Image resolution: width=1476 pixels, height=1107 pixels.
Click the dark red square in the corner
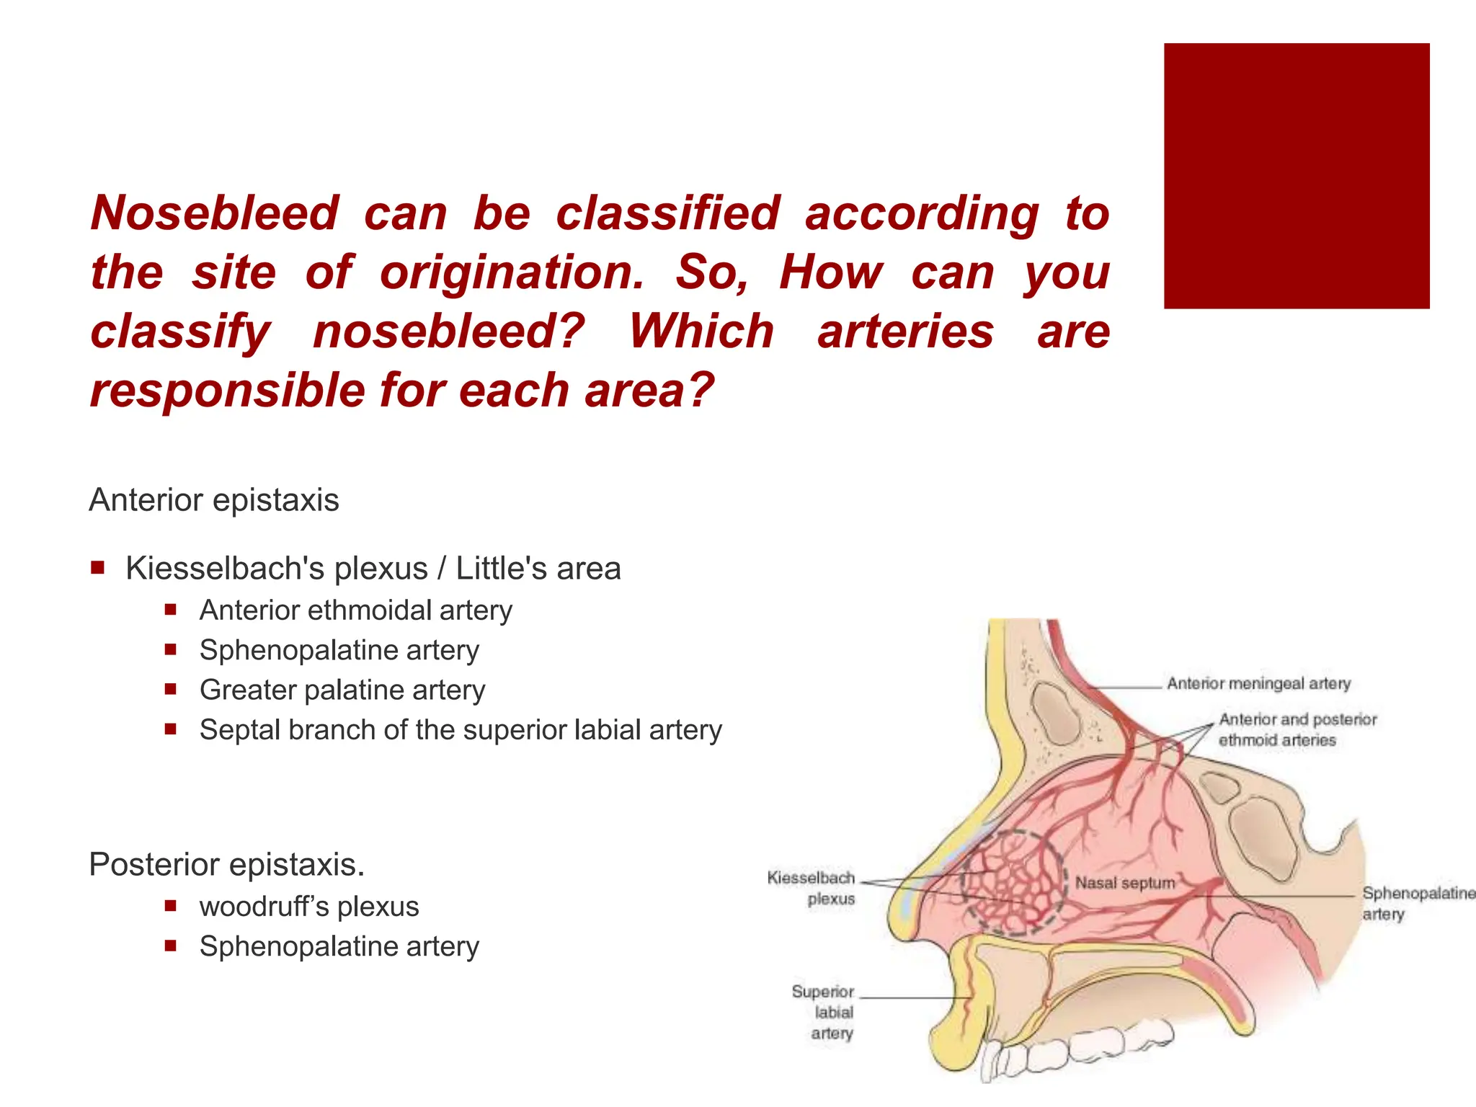[x=1296, y=176]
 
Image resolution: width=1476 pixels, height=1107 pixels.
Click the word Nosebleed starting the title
[x=215, y=213]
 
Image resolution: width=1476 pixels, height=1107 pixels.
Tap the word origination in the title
[x=512, y=272]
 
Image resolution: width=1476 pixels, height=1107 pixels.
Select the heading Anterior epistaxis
[x=214, y=500]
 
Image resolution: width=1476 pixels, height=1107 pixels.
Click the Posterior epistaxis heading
[x=226, y=864]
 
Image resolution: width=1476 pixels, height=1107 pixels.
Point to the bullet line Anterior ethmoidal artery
[x=356, y=610]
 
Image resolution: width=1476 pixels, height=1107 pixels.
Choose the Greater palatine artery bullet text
[x=342, y=690]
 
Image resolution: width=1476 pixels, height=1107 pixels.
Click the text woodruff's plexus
[x=309, y=907]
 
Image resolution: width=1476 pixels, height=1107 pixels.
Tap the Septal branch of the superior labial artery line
[x=461, y=730]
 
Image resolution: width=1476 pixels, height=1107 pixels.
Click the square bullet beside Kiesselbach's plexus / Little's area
[x=98, y=568]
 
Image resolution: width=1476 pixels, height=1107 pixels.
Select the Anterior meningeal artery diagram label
[x=1258, y=683]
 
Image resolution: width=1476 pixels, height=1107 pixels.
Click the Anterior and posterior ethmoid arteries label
[x=1297, y=729]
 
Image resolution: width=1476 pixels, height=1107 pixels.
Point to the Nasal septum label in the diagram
[x=1124, y=883]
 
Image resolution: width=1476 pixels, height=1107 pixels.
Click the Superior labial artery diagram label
[x=824, y=1012]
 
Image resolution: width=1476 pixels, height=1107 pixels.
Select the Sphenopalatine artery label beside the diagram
[x=1417, y=903]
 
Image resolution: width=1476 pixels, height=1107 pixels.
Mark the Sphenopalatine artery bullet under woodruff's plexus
[x=339, y=946]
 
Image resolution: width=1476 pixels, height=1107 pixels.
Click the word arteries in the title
[x=905, y=332]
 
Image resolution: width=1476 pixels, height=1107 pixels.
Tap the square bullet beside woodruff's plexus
[x=171, y=906]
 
